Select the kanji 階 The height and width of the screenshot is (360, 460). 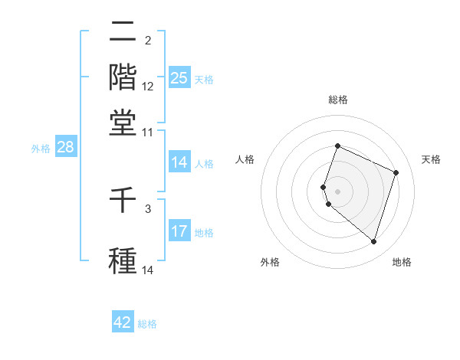tap(123, 77)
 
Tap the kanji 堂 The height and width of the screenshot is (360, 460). tap(123, 122)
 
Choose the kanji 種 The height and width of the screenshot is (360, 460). tap(123, 260)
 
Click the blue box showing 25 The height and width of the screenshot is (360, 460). tap(179, 78)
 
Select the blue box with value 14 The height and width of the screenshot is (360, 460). tap(179, 162)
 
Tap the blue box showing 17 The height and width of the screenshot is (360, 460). tap(179, 231)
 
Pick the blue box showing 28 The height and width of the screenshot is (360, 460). tap(65, 148)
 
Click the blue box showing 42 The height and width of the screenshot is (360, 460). tap(123, 322)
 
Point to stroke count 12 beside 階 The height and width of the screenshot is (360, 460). tap(148, 87)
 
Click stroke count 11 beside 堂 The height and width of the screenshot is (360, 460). tap(148, 133)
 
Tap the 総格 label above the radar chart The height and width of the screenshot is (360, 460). tap(338, 100)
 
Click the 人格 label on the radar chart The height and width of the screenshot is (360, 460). tap(245, 159)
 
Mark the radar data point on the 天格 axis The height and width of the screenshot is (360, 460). tap(396, 172)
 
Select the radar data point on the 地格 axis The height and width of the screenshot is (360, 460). tap(373, 242)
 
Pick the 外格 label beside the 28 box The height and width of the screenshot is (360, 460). tap(41, 149)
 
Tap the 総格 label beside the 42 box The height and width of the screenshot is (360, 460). tap(147, 324)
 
